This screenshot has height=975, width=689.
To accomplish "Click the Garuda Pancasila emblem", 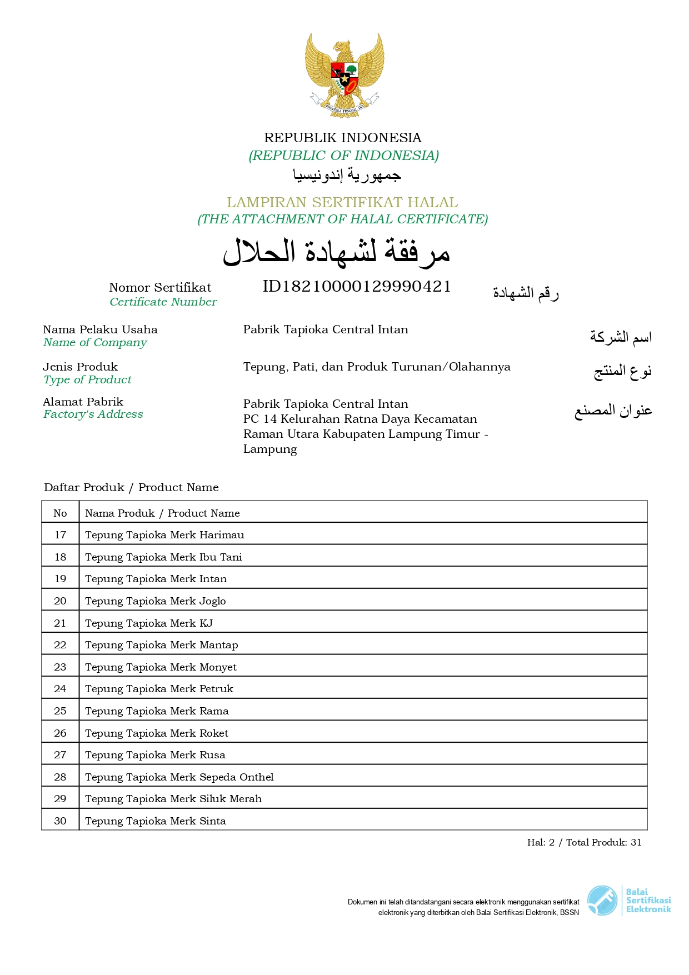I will [344, 75].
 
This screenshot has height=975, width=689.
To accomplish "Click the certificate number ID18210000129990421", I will [357, 287].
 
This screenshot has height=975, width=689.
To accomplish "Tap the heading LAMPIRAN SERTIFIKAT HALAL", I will [342, 202].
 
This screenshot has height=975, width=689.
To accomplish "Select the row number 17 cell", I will [60, 535].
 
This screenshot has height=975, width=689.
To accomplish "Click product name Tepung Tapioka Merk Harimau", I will [164, 535].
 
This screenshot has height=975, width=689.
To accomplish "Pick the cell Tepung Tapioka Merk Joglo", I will [156, 601].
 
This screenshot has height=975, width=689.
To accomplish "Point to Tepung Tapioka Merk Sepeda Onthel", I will [179, 777].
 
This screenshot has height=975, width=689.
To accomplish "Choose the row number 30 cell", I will [60, 821].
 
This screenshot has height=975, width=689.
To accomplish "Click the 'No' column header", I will [60, 513].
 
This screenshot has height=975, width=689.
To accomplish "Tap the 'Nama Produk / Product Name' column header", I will [162, 513].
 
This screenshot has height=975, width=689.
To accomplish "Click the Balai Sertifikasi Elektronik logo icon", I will [602, 901].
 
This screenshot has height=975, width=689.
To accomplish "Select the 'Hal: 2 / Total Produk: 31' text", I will [584, 843].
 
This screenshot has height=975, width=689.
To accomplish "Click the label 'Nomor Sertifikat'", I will [160, 288].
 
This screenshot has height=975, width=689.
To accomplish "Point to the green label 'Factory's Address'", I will [93, 414].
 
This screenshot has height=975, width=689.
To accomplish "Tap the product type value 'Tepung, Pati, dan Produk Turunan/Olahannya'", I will [377, 367].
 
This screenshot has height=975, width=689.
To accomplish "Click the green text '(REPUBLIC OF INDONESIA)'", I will [344, 156].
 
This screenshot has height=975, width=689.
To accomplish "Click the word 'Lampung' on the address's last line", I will [270, 449].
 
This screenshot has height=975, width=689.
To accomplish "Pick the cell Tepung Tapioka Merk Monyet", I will [161, 667].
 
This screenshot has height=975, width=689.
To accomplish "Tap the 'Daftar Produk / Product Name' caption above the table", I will [131, 488].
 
